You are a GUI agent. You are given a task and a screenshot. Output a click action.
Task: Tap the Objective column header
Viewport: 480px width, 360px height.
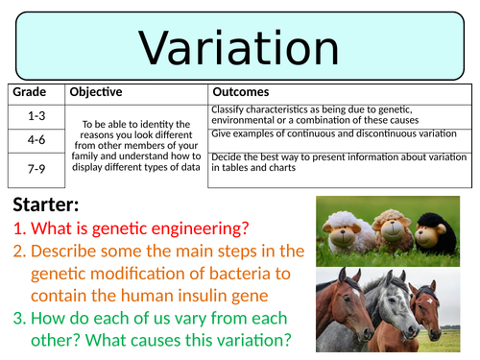pyautogui.click(x=95, y=92)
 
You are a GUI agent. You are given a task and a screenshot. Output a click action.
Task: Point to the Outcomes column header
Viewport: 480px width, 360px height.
pyautogui.click(x=241, y=92)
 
